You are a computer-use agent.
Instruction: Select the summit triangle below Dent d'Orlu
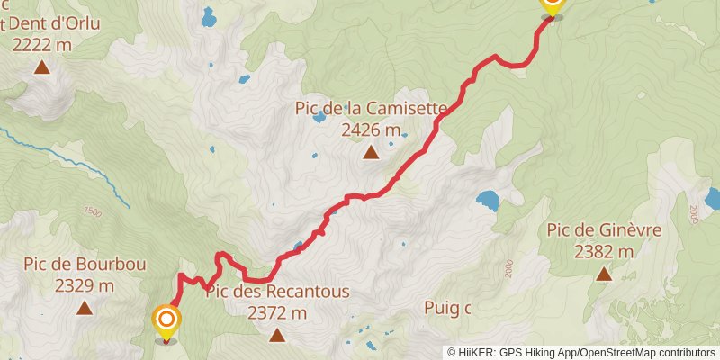(41, 67)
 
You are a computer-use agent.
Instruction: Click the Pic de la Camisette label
(371, 109)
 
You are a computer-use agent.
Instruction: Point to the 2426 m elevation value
(371, 130)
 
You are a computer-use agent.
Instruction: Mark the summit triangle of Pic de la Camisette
(371, 152)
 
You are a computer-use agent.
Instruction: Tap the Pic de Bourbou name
(85, 265)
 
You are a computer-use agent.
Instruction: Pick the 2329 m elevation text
(85, 285)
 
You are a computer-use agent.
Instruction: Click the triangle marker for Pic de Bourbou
(85, 308)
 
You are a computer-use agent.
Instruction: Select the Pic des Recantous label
(277, 292)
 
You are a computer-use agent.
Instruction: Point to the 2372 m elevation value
(277, 312)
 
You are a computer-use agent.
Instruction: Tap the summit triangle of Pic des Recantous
(277, 335)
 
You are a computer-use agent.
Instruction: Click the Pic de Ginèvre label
(604, 230)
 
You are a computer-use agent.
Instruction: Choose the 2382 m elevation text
(604, 251)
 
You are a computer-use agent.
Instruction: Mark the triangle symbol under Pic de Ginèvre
(604, 274)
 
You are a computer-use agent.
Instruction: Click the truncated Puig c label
(447, 308)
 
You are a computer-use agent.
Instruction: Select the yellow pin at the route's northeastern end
(552, 5)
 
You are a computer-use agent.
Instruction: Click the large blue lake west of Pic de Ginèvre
(488, 200)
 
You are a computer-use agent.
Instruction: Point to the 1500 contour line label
(92, 211)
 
